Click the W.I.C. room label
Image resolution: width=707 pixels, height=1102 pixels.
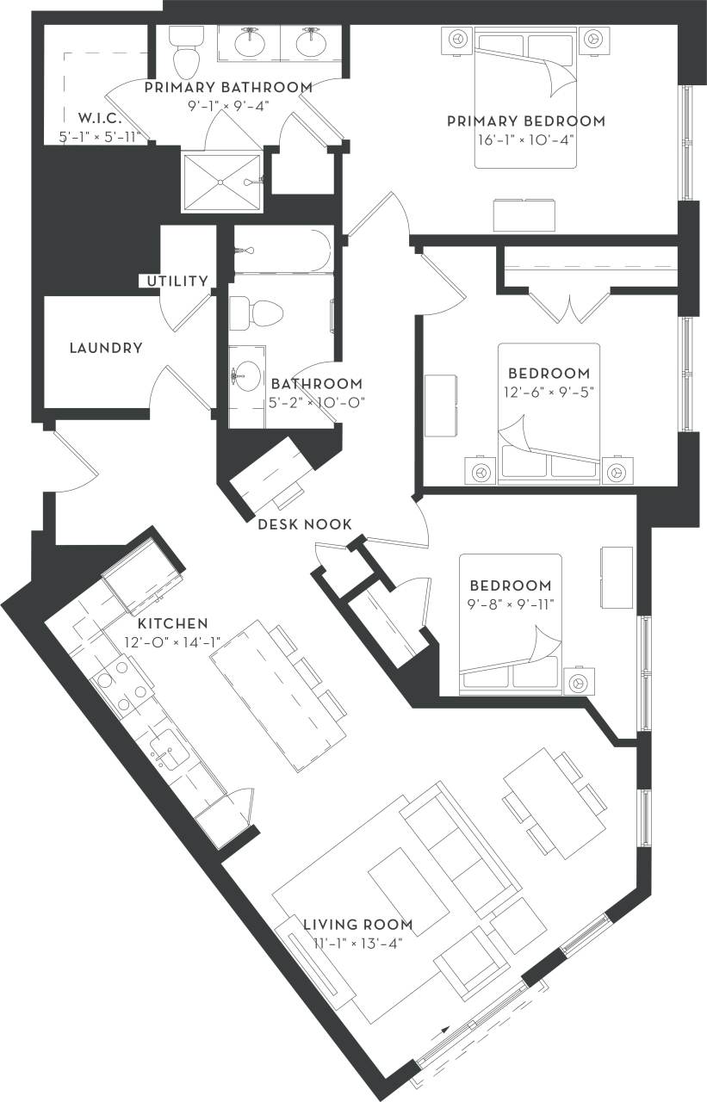[x=98, y=117]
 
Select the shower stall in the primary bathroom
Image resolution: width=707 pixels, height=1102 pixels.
[x=221, y=182]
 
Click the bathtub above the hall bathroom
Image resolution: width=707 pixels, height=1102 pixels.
[x=282, y=250]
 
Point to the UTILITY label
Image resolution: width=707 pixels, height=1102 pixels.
[x=177, y=281]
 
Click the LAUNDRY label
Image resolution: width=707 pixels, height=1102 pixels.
[x=105, y=348]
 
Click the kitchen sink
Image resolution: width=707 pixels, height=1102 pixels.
[x=169, y=751]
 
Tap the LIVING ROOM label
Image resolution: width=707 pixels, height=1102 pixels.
[x=357, y=925]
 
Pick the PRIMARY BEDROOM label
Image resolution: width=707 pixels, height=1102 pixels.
[x=525, y=121]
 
